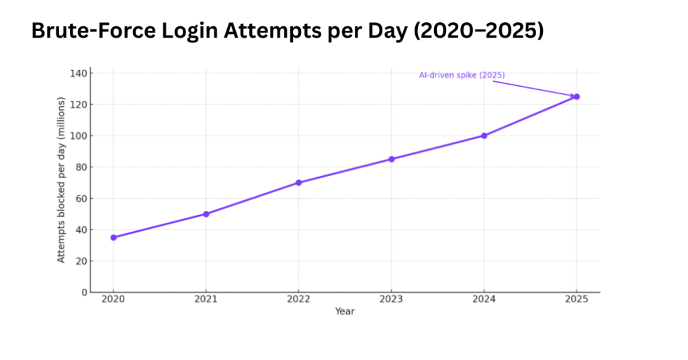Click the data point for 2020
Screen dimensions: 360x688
pos(114,237)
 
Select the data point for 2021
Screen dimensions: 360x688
pos(206,214)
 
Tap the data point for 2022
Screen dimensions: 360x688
pos(298,183)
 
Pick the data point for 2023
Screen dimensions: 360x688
pos(392,159)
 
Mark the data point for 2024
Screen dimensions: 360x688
pos(484,136)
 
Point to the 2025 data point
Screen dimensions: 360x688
pos(576,97)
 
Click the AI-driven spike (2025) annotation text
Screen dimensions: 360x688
pos(462,75)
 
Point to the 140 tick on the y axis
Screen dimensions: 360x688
pos(79,73)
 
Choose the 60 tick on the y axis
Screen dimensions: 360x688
pos(81,198)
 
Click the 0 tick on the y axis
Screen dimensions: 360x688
pos(84,292)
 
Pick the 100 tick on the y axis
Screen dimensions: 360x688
pos(79,136)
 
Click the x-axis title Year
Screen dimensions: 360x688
pos(345,312)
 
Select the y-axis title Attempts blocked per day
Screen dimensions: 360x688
pos(61,180)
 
